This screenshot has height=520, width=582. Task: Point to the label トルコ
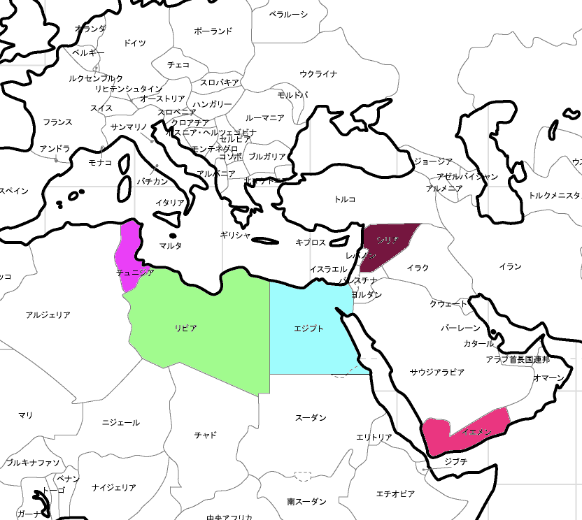tap(345, 199)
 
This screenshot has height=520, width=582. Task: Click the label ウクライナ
tap(318, 73)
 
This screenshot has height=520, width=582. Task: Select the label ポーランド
tap(213, 31)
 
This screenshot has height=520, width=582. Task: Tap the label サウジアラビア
tap(437, 373)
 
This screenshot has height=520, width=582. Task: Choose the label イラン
tap(510, 266)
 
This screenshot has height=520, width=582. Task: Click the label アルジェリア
tap(48, 315)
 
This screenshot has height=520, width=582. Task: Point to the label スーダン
tap(310, 418)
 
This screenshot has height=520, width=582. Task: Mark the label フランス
tap(57, 122)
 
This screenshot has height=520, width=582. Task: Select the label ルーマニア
tap(264, 118)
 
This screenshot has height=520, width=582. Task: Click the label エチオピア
tap(395, 494)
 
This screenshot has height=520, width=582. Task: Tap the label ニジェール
tap(120, 422)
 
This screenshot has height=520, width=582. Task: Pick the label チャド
tap(205, 435)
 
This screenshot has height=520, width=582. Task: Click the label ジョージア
tap(433, 161)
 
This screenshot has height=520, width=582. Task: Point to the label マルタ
tap(170, 245)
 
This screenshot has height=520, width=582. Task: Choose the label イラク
tap(418, 268)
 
